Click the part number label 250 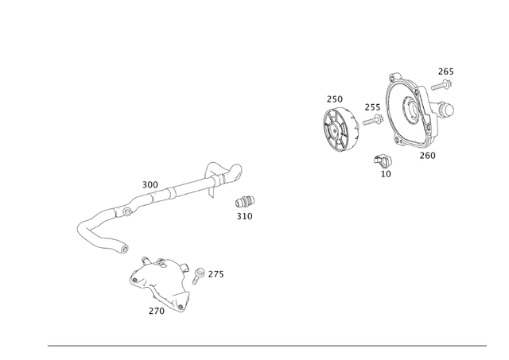coord(334,99)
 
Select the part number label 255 coord(372,107)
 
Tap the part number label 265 coord(445,72)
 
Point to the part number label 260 coord(427,155)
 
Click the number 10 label coord(386,173)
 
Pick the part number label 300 coord(150,185)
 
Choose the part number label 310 coord(244,216)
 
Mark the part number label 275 coord(216,274)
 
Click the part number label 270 coord(156,311)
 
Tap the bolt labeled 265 coord(441,83)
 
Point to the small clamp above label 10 coord(383,158)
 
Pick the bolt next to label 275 coord(199,277)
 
